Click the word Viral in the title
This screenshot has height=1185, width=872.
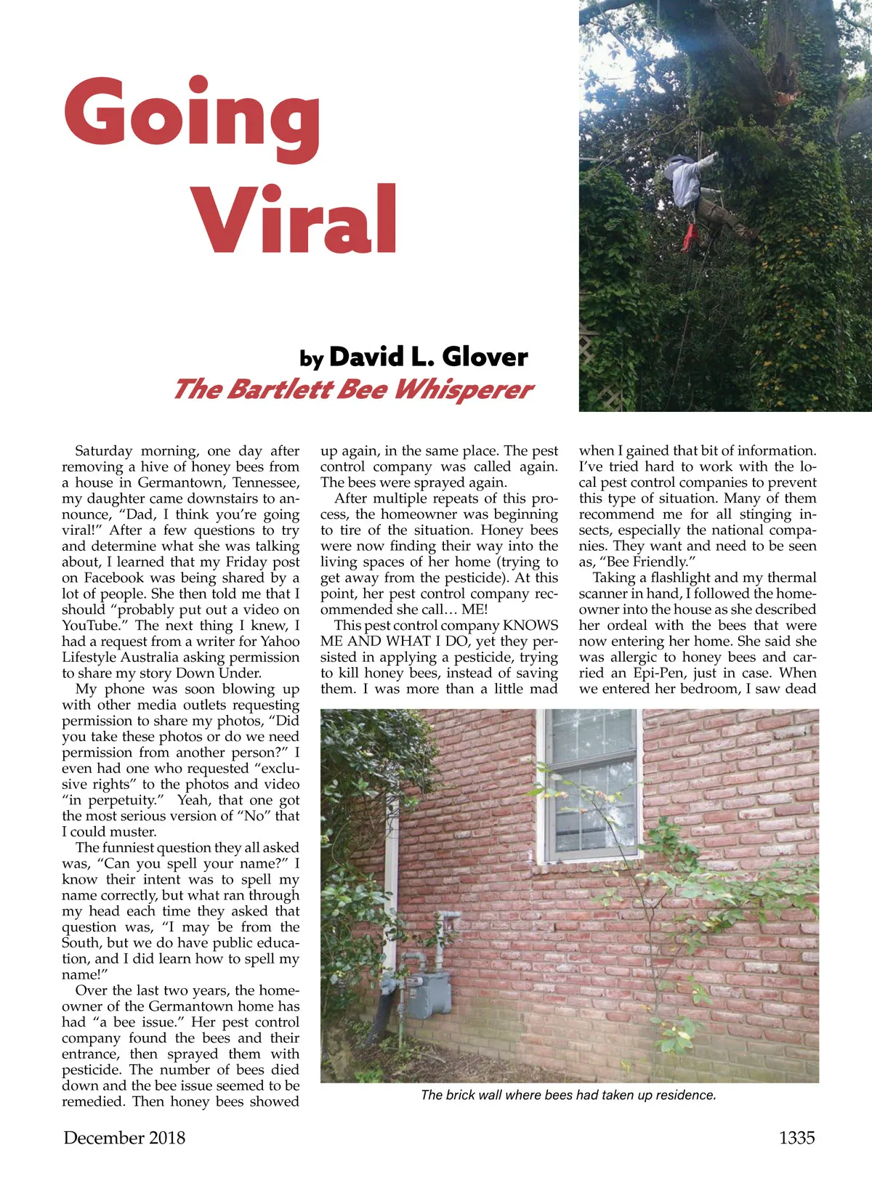click(294, 219)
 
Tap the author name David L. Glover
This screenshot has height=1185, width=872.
click(428, 357)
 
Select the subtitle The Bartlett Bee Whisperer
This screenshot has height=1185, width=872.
click(353, 389)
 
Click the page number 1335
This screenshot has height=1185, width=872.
click(796, 1138)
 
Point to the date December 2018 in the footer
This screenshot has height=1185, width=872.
click(124, 1138)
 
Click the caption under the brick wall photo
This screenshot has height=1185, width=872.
click(568, 1095)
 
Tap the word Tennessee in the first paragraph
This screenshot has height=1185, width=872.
click(265, 482)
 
